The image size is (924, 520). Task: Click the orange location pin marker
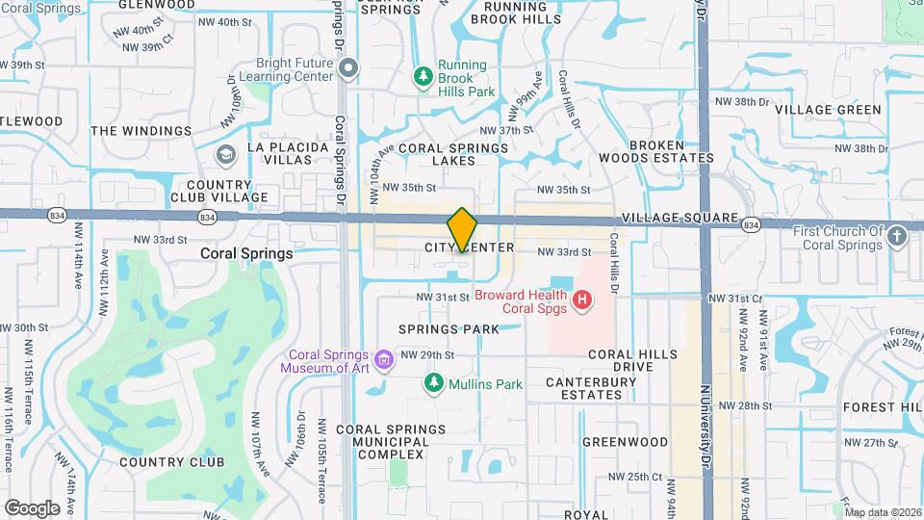462,229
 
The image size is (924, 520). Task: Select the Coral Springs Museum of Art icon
385,361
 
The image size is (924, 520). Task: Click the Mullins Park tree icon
434,384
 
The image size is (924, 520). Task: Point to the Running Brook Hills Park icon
422,75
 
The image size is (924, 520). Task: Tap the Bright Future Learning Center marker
348,67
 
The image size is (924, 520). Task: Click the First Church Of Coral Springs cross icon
897,237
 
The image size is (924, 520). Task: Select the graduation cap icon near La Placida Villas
225,155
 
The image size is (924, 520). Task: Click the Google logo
32,507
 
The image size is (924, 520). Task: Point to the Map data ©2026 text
883,512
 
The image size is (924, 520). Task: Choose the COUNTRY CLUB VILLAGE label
219,191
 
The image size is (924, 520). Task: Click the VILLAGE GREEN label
828,110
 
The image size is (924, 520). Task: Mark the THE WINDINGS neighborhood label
141,131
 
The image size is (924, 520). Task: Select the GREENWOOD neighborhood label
625,442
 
